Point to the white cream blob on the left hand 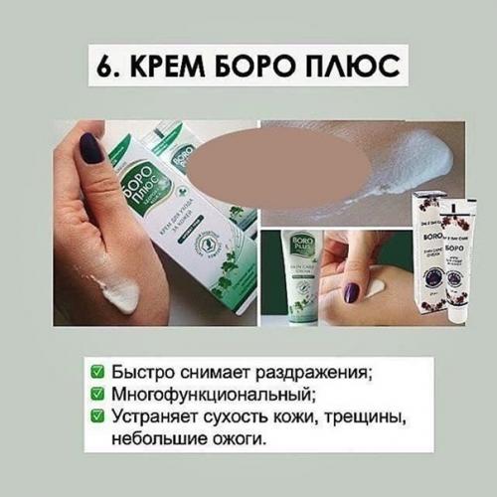[117, 295]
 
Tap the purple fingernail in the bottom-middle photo [351, 292]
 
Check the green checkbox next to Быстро [96, 373]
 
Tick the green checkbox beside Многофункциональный [96, 393]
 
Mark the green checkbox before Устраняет [96, 414]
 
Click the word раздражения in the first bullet [309, 374]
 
